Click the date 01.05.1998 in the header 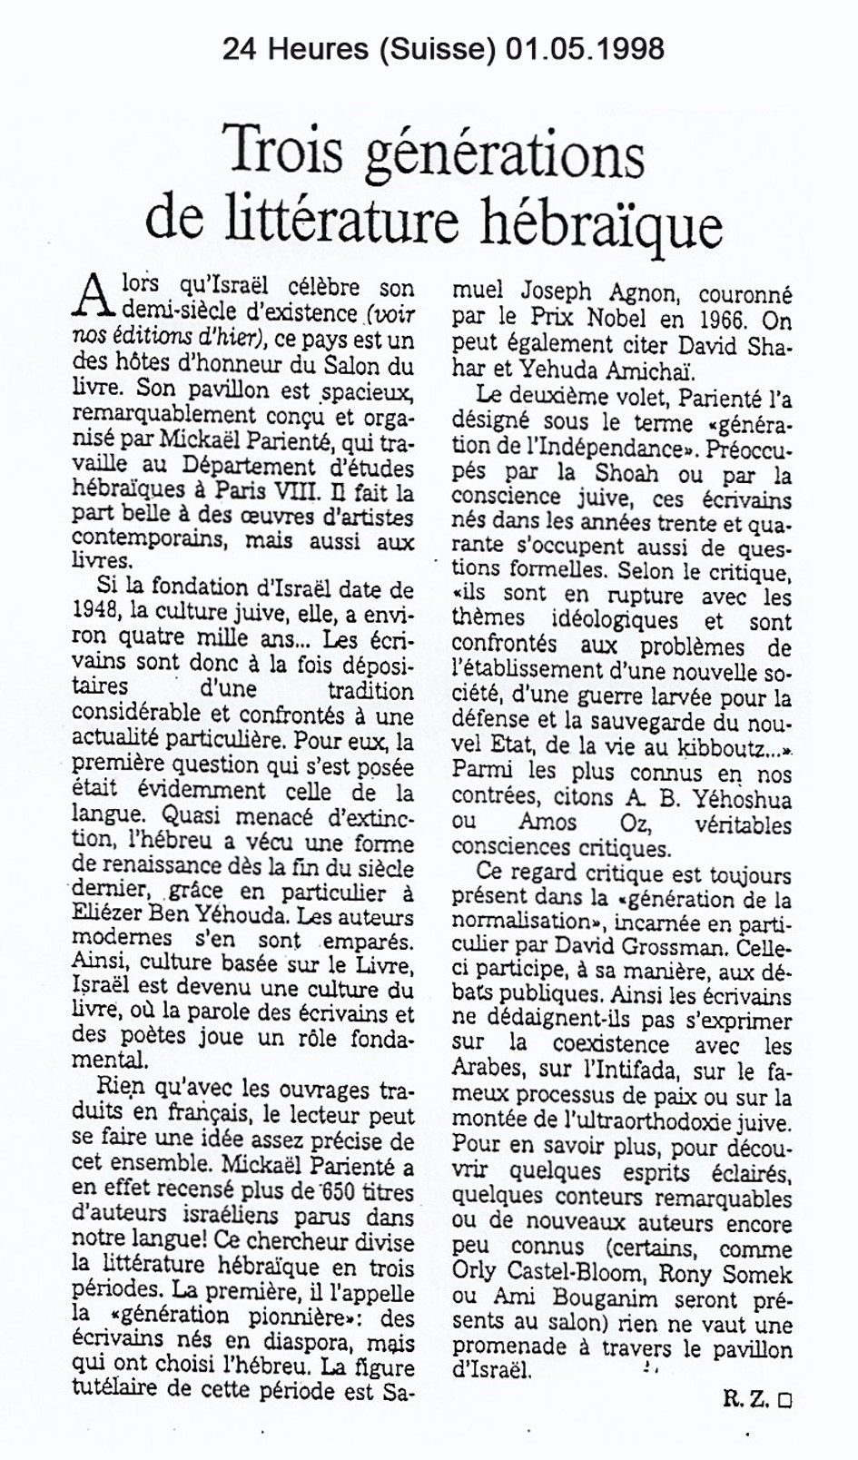coord(580,48)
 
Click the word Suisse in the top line coord(442,48)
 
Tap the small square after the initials coord(784,1401)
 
